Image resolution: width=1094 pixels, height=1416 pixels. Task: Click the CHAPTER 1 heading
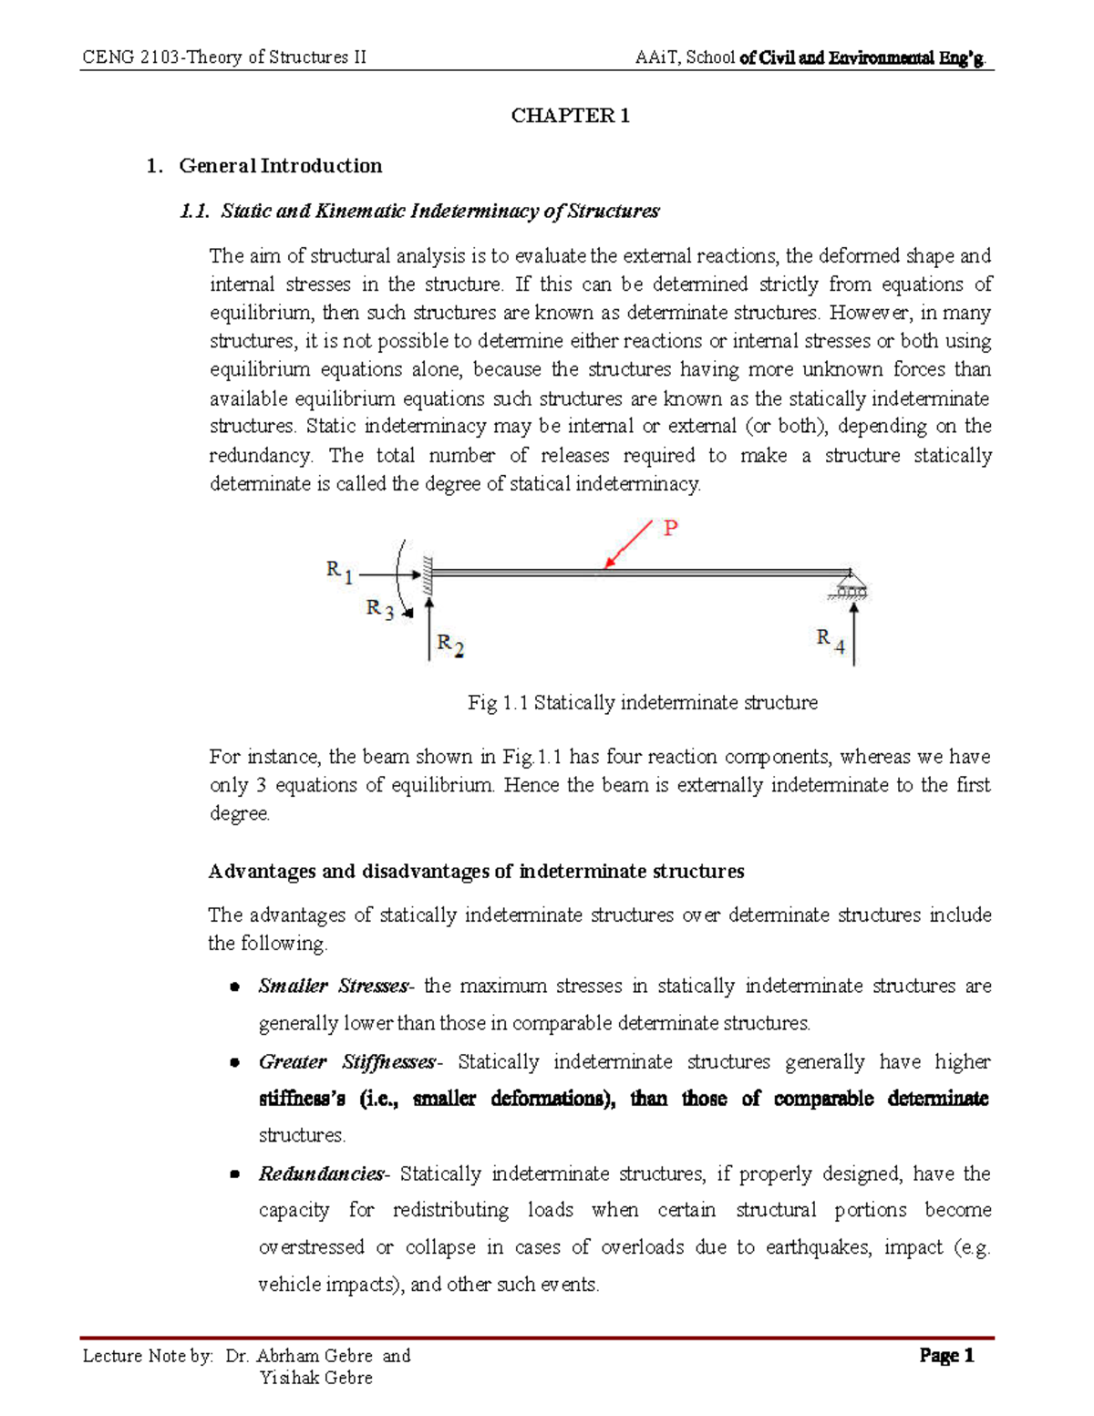coord(570,116)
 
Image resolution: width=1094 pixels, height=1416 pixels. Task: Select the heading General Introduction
coord(280,166)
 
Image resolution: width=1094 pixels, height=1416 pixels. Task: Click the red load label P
coord(670,528)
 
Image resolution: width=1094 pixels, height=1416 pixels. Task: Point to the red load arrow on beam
coord(629,544)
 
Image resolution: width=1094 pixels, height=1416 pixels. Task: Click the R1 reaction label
coord(338,571)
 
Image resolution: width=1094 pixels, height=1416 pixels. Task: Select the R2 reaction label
coord(450,645)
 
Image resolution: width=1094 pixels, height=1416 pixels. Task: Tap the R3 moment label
coord(379,609)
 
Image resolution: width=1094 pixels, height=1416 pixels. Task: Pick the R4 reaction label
coord(830,641)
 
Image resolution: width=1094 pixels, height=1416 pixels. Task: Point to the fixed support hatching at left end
coord(426,573)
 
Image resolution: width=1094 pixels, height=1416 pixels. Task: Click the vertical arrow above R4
coord(853,635)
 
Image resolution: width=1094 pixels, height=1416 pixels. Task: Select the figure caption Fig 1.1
coord(642,703)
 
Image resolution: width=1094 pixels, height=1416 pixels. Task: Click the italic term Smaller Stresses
coord(334,987)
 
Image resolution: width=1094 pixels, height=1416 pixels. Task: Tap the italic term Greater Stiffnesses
coord(347,1062)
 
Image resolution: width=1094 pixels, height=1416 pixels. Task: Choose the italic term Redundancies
coord(322,1174)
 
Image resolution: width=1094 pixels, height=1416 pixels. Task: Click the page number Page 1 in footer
coord(946,1356)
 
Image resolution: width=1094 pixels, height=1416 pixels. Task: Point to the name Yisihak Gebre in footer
coord(315,1378)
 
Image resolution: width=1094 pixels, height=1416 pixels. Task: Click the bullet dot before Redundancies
coord(235,1175)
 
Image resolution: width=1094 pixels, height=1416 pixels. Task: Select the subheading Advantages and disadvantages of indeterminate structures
coord(476,872)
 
